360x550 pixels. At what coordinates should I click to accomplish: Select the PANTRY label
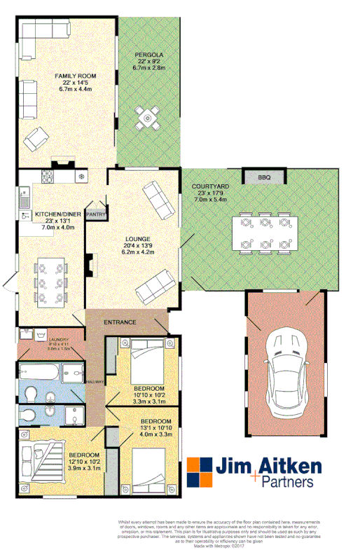97,214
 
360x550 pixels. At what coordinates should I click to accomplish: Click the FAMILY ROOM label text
76,76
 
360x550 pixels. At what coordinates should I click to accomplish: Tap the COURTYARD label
208,187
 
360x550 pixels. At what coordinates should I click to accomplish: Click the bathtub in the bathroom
41,372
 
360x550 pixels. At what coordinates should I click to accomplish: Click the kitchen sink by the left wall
25,190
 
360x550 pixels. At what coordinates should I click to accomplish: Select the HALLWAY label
96,382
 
